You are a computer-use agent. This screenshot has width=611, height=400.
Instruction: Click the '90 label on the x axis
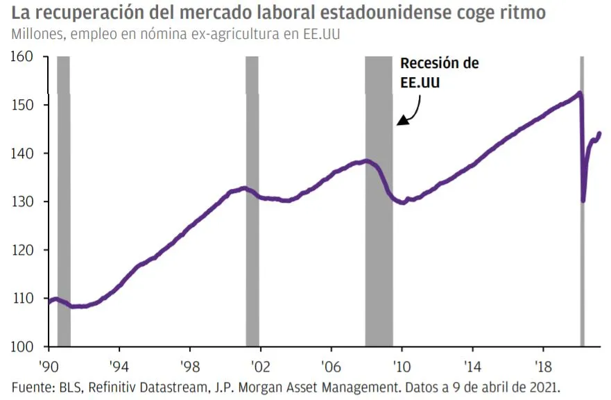click(x=49, y=364)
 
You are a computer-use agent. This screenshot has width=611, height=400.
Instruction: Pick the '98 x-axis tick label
click(x=190, y=364)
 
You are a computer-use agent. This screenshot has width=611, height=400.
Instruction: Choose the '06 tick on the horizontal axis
click(x=332, y=364)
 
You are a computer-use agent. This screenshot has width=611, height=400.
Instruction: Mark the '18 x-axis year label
click(x=544, y=364)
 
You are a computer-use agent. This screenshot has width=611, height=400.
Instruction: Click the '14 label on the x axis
click(x=473, y=364)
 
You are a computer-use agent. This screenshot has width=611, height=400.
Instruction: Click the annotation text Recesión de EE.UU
click(x=439, y=72)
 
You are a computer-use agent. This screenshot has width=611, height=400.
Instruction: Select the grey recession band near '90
click(x=64, y=201)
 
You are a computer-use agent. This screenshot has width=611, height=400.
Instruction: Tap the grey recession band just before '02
click(x=252, y=201)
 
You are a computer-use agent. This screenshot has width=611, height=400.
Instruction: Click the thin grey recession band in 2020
click(x=582, y=201)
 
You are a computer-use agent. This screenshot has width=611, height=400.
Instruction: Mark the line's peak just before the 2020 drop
click(x=579, y=93)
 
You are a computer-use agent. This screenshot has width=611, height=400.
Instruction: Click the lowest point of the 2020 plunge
click(x=583, y=201)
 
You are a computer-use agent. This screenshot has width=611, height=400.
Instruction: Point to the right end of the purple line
click(x=599, y=133)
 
